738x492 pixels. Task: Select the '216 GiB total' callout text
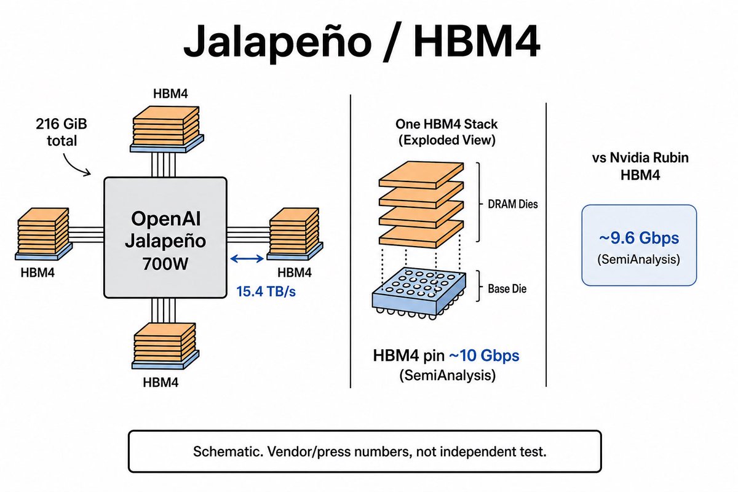tap(61, 132)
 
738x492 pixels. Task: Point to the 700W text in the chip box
tap(165, 264)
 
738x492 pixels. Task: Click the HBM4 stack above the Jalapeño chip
tap(167, 129)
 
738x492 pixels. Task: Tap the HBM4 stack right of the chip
tap(295, 234)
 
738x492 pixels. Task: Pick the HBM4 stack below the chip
tap(165, 346)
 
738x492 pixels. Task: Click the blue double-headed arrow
tap(247, 259)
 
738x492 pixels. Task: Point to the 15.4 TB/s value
tap(266, 292)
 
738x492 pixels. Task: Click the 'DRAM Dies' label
tap(513, 204)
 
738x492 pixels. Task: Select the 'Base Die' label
tap(507, 289)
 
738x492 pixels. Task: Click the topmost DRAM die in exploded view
tap(421, 175)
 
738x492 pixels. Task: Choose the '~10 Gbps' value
tap(484, 356)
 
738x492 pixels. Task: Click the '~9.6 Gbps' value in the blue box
tap(639, 238)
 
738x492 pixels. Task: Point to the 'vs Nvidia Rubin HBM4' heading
tap(640, 166)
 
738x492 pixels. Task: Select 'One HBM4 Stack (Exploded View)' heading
tap(446, 132)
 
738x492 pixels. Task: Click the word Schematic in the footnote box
tap(228, 451)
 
